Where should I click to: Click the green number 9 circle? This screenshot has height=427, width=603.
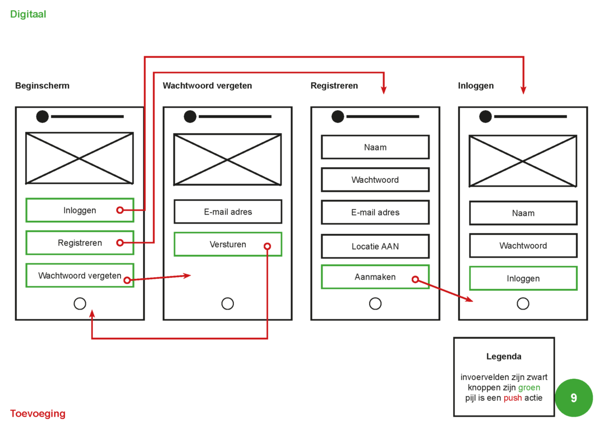573,398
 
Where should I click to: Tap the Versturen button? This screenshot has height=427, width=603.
227,245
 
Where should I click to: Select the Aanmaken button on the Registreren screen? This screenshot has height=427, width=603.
375,277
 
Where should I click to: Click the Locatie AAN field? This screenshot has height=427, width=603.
375,246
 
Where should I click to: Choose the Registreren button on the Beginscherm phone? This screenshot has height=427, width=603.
79,243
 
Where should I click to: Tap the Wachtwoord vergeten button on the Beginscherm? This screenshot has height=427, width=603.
79,275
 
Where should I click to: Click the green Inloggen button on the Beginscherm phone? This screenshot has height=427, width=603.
79,211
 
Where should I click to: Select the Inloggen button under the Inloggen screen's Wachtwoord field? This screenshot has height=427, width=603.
523,279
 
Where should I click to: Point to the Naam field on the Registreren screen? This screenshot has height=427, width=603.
375,147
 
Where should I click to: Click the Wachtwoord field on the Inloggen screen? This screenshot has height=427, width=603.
523,246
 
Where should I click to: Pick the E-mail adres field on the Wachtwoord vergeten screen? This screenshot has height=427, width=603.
227,212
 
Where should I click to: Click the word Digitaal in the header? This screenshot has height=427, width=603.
28,15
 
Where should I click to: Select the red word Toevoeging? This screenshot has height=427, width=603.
38,414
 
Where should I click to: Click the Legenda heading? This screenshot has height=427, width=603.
504,357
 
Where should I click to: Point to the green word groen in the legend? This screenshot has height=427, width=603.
529,387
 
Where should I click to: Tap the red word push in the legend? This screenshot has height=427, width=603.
513,398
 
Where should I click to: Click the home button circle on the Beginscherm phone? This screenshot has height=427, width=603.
80,304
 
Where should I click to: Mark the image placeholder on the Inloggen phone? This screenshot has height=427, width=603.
522,161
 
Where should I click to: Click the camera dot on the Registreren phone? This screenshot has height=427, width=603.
338,116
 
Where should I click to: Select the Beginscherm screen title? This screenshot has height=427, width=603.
42,86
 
